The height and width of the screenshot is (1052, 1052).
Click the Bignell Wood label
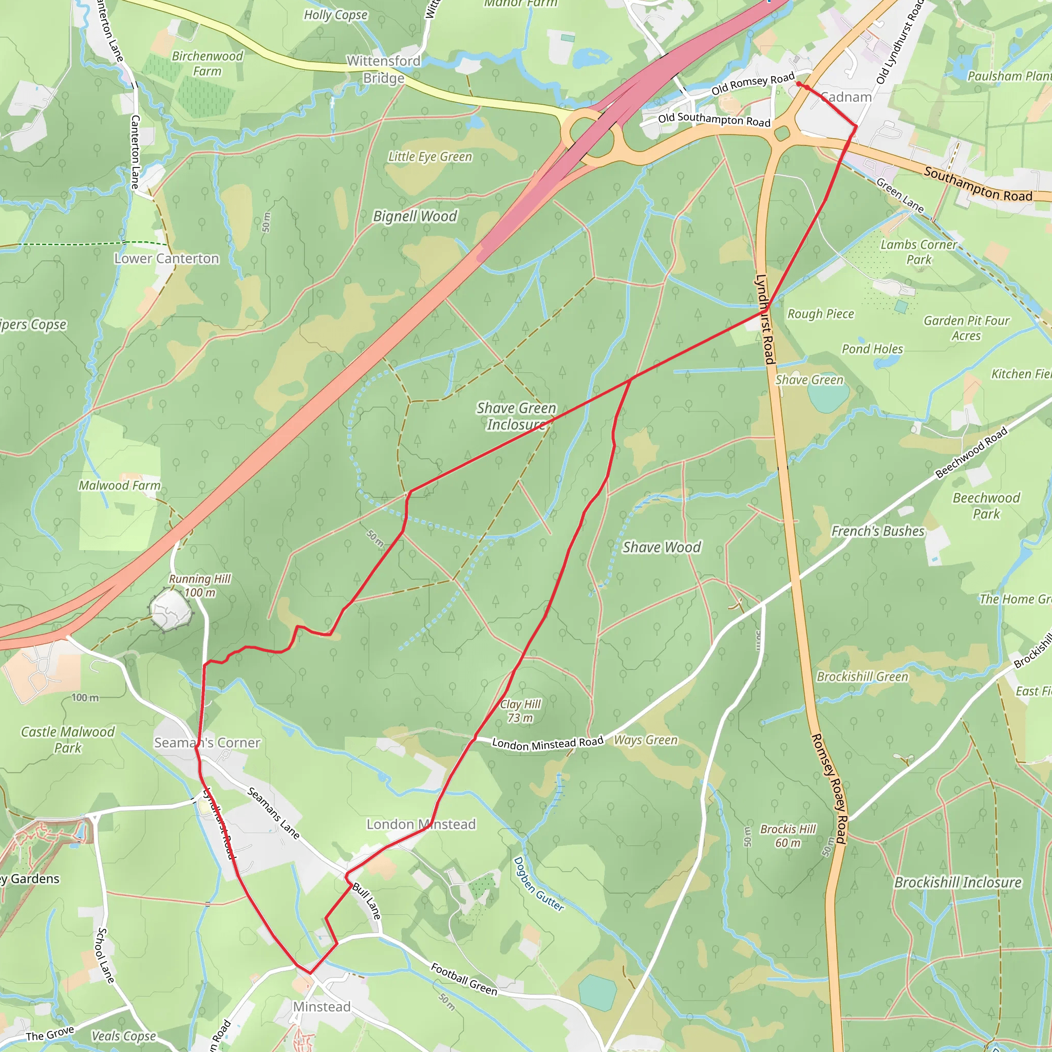[415, 216]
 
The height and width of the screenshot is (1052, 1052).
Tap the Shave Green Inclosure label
[516, 416]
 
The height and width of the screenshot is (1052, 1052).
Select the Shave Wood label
[662, 547]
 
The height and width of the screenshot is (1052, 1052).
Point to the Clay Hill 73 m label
[520, 711]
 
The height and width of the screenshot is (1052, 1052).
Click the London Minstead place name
[421, 824]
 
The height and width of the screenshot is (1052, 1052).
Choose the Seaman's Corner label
[207, 743]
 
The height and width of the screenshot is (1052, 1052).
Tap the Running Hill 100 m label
[200, 586]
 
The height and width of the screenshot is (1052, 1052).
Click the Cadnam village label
[846, 97]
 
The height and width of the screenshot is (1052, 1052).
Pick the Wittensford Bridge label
[384, 69]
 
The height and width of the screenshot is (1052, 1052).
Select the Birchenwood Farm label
[208, 64]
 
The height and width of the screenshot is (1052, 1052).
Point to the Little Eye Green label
[430, 157]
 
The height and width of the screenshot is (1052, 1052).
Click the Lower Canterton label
[166, 259]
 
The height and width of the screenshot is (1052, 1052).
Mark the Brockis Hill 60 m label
[788, 836]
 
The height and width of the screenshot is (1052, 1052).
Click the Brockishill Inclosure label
[958, 882]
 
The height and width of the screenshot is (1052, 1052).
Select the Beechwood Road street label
[971, 453]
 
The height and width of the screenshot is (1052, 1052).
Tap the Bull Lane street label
[366, 901]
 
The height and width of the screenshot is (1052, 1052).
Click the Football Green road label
[464, 979]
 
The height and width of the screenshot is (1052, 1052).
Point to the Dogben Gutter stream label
[538, 884]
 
